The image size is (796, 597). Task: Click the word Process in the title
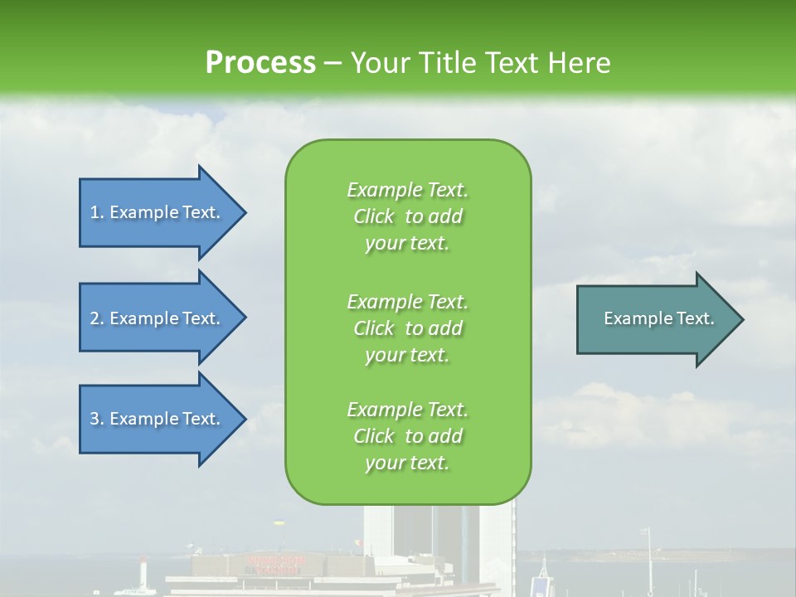pyautogui.click(x=260, y=62)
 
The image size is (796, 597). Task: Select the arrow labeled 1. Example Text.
pyautogui.click(x=158, y=212)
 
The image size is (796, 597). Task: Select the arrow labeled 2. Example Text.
pyautogui.click(x=158, y=318)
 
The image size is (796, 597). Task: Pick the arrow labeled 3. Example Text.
pyautogui.click(x=158, y=419)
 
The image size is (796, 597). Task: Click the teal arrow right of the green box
pyautogui.click(x=655, y=318)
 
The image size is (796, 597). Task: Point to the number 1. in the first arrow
pyautogui.click(x=96, y=212)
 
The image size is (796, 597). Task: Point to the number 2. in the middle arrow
pyautogui.click(x=96, y=318)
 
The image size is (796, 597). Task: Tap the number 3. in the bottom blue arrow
pyautogui.click(x=96, y=419)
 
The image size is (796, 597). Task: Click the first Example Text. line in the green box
pyautogui.click(x=407, y=190)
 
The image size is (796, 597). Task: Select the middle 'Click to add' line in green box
pyautogui.click(x=407, y=328)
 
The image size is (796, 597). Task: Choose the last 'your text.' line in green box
pyautogui.click(x=407, y=464)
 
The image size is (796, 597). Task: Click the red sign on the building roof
pyautogui.click(x=275, y=564)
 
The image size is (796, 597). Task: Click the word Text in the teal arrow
pyautogui.click(x=696, y=318)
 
